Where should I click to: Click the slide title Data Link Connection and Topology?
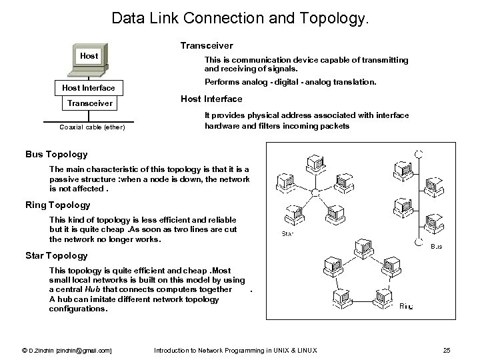239,18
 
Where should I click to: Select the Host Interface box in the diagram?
89,88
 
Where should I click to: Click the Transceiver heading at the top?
207,46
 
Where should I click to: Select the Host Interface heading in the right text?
211,99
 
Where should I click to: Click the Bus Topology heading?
56,155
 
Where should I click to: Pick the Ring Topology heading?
57,205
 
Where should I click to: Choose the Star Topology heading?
56,255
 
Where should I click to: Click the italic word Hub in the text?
91,289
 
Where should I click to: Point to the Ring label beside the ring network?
407,307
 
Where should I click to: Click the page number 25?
447,350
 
